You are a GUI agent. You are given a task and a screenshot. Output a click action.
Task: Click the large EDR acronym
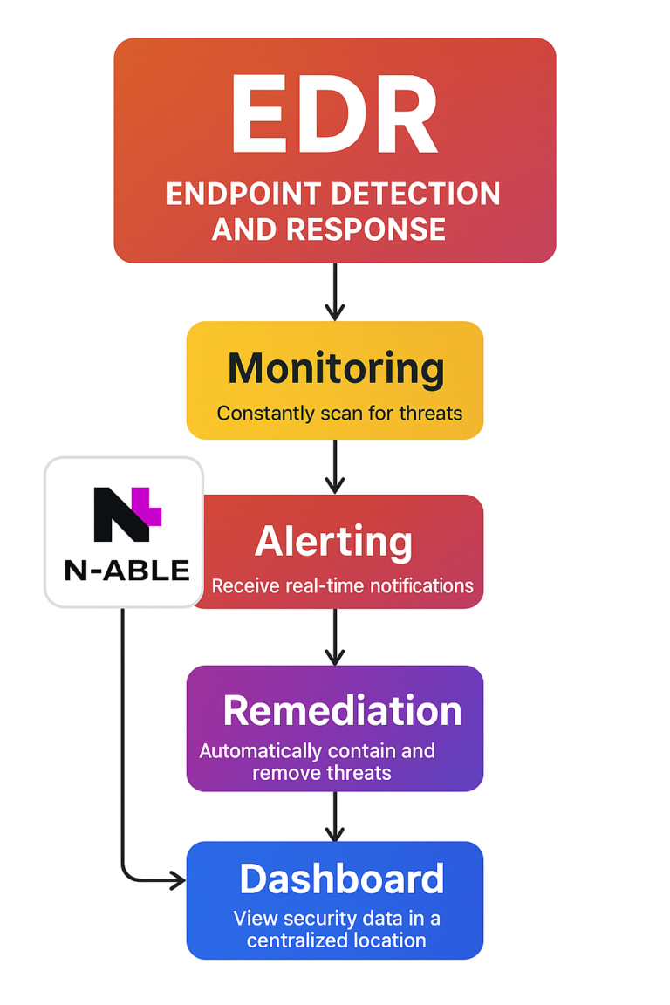(334, 116)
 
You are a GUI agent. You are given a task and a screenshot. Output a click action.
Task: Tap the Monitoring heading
(336, 369)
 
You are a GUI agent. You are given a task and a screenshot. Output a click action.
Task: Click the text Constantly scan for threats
(339, 413)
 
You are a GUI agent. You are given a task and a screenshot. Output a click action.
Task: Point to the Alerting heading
(333, 542)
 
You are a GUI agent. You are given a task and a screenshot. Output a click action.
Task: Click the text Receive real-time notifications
(342, 585)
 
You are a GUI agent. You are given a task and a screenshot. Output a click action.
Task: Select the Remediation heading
(342, 711)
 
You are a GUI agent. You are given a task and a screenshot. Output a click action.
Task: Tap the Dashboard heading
(341, 879)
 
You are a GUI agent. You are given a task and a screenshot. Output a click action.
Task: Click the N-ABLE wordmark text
(126, 571)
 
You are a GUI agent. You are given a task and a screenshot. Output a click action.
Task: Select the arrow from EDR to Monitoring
(335, 291)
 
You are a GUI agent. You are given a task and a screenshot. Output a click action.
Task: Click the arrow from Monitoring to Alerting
(335, 466)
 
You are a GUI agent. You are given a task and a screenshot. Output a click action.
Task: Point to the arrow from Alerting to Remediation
(335, 637)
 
